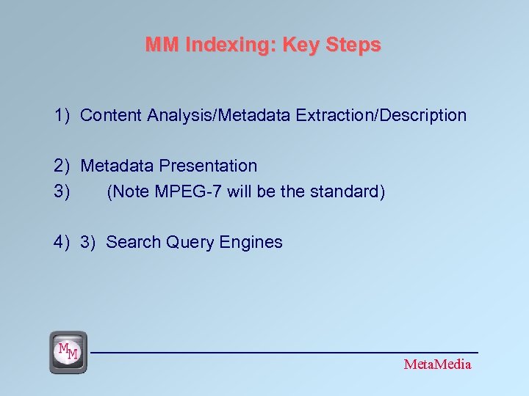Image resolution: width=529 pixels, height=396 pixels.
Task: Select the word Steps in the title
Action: [x=353, y=45]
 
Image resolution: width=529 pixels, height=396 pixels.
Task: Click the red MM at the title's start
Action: [x=162, y=45]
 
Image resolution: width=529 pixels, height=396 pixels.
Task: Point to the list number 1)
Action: [x=62, y=115]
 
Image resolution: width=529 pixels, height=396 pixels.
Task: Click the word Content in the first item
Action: [x=111, y=115]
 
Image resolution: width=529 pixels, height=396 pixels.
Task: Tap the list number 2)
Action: [x=62, y=166]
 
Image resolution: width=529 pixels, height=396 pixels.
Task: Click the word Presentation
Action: [x=209, y=166]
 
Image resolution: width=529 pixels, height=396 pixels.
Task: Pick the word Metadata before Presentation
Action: [x=117, y=166]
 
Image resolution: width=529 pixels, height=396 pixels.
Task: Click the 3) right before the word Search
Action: [x=88, y=243]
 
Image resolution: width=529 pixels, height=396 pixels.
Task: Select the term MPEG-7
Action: [x=187, y=192]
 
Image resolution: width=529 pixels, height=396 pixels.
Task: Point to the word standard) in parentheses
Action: [x=347, y=192]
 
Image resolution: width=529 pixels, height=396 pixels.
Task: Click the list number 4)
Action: [x=62, y=243]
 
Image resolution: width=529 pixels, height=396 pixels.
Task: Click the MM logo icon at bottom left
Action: [x=68, y=352]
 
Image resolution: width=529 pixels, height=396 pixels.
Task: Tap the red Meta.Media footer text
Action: [x=437, y=364]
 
